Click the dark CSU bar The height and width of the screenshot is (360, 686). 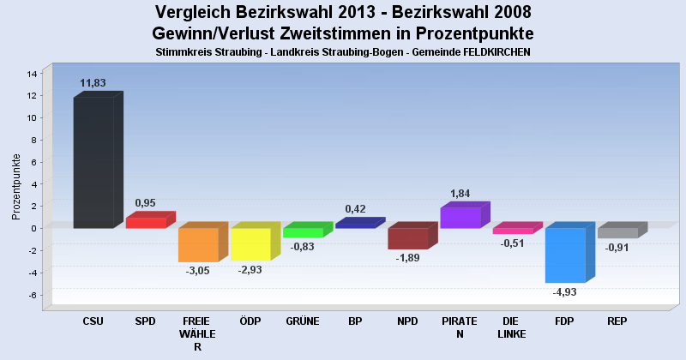click(x=93, y=162)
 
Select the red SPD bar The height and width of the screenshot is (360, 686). click(x=146, y=223)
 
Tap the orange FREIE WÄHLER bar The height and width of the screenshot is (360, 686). click(x=198, y=244)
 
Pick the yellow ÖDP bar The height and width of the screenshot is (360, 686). click(x=250, y=243)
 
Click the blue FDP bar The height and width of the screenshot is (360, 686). click(x=565, y=255)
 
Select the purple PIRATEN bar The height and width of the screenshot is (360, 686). click(x=460, y=218)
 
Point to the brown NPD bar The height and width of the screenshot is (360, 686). click(x=408, y=238)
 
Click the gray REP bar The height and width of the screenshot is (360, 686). click(x=617, y=233)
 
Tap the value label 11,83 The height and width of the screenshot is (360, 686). click(x=93, y=83)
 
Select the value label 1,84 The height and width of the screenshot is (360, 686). click(x=460, y=194)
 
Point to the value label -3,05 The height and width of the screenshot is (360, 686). click(x=198, y=272)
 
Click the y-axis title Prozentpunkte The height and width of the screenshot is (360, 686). click(x=17, y=186)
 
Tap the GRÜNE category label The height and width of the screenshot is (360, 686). click(x=303, y=321)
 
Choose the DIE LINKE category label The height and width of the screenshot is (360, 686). click(x=512, y=327)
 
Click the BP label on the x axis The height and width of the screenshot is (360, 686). click(x=355, y=321)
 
